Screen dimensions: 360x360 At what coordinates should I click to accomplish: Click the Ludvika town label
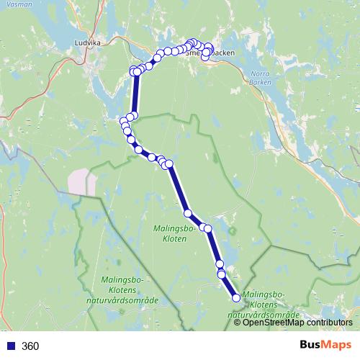point(88,42)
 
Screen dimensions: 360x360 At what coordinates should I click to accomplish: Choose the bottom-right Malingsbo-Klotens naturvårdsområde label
point(264,305)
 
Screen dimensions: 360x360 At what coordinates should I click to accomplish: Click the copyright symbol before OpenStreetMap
point(238,322)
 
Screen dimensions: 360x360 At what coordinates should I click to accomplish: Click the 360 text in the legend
point(30,346)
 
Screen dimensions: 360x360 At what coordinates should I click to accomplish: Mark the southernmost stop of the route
point(235,298)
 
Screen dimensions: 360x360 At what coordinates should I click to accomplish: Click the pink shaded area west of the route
point(81,181)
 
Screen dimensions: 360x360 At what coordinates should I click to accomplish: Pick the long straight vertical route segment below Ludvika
point(136,94)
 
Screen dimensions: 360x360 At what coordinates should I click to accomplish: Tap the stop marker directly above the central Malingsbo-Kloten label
point(188,213)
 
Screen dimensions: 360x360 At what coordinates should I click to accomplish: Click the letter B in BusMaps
point(304,346)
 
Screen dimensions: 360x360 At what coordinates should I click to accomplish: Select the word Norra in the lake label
point(259,73)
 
